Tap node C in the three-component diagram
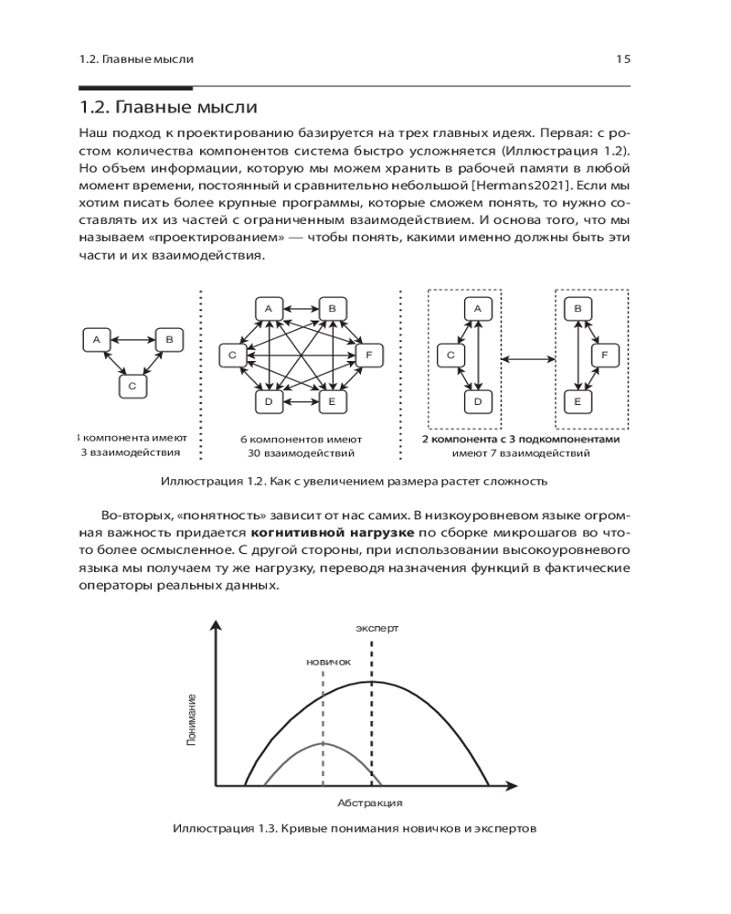tap(132, 387)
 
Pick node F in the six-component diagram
tap(368, 355)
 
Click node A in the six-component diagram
tap(269, 309)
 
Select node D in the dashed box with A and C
tap(476, 400)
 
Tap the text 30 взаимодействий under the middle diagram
tap(301, 452)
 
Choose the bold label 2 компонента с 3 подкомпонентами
tap(520, 439)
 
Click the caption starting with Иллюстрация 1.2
tap(353, 481)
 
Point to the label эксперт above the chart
tap(377, 629)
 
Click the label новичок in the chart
tap(328, 662)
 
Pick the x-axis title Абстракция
tap(369, 803)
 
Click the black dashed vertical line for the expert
tap(372, 713)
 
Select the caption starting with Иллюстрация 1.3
tap(353, 829)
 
